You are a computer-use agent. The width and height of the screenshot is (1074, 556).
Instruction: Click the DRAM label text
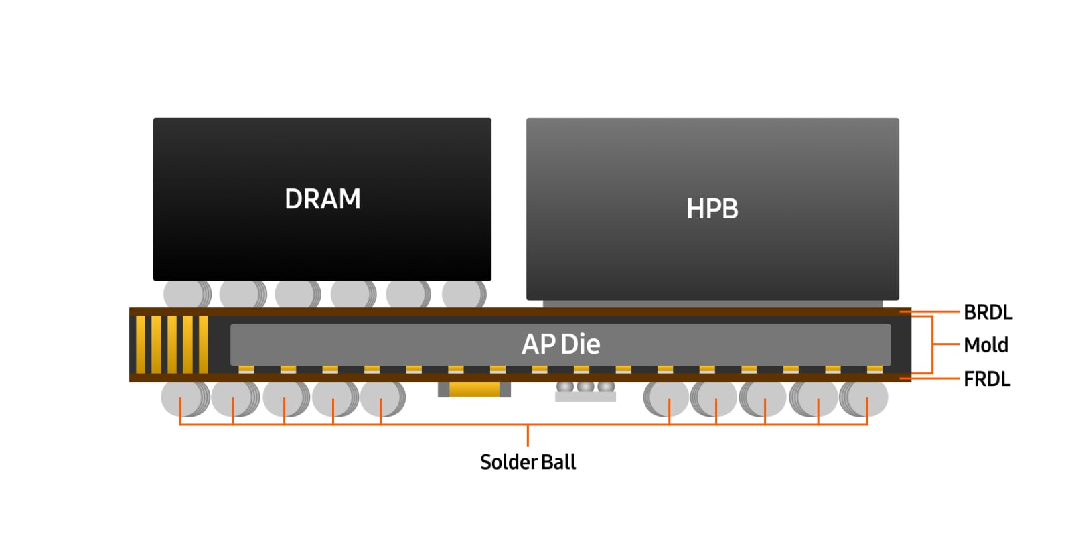[322, 199]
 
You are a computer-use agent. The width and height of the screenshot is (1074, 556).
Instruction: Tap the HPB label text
[712, 209]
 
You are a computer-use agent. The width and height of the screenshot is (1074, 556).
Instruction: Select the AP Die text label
[560, 344]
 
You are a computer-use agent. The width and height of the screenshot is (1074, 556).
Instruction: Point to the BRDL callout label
[988, 312]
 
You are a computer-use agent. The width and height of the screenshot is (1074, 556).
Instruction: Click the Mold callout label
[986, 345]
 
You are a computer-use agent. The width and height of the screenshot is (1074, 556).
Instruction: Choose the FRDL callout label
[987, 379]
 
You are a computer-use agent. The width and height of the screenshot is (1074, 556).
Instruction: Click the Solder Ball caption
[528, 462]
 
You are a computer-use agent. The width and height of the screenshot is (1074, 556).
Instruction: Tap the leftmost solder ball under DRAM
[185, 294]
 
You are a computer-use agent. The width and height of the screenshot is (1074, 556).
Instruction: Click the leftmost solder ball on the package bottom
[181, 398]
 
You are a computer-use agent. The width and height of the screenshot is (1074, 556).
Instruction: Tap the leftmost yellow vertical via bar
[141, 344]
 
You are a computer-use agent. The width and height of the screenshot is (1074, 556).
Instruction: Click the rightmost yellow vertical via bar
[204, 344]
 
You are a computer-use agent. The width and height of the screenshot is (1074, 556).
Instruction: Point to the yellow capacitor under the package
[474, 389]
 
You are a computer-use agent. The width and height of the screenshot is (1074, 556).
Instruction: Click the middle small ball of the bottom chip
[585, 387]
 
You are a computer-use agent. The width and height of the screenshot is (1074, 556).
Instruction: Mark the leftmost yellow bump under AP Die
[246, 369]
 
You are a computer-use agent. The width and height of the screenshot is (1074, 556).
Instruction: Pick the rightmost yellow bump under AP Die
[874, 369]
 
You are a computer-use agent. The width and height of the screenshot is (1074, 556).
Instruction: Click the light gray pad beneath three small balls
[585, 397]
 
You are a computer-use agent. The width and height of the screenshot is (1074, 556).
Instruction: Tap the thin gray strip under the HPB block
[712, 304]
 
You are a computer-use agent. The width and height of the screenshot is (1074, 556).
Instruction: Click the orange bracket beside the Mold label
[932, 344]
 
